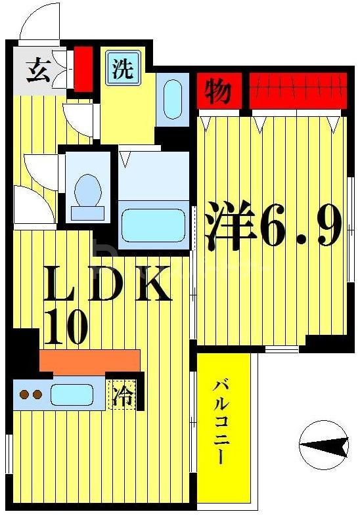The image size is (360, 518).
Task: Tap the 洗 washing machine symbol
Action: point(124,69)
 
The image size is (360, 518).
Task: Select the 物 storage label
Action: point(215,91)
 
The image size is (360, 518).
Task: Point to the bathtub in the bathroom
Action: point(154,226)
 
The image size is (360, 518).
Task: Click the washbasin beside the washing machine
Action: point(173,98)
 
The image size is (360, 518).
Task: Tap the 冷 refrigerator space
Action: point(122,395)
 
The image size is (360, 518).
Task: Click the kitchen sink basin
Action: point(72,394)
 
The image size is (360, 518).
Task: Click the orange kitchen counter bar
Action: point(89,360)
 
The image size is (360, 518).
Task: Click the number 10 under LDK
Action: point(66,327)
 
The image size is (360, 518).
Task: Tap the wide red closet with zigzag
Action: point(298,89)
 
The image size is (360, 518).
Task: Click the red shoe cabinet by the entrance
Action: point(83,68)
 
